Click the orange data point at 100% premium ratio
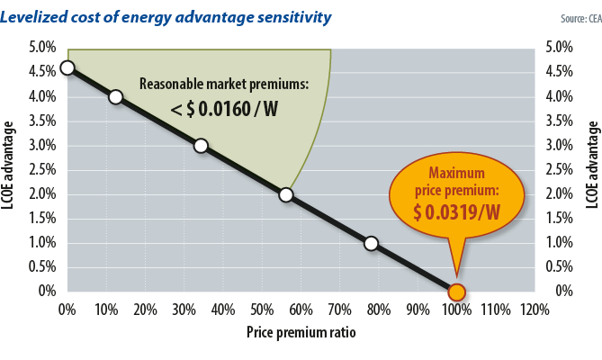coord(456,292)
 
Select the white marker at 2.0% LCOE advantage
coord(285,194)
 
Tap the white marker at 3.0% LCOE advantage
coord(201,146)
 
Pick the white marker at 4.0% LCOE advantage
coord(115,96)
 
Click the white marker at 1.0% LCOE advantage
coord(371,243)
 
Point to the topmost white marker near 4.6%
coord(67,67)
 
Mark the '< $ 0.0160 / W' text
coord(224,110)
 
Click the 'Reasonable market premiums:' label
coord(224,84)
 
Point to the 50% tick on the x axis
coord(261,310)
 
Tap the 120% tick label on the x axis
coord(534,310)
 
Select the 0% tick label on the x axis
coord(67,310)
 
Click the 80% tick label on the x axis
coord(378,310)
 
